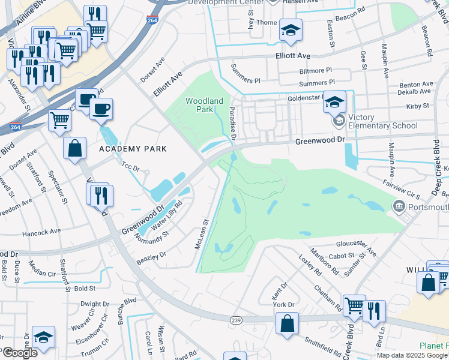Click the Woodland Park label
click(204, 105)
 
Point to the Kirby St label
click(418, 106)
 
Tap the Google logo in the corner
click(19, 353)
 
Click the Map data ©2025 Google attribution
click(412, 355)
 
